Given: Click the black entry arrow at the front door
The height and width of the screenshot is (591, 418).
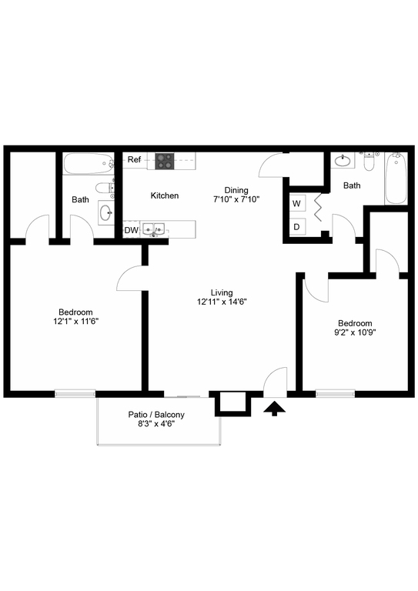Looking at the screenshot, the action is coord(274,408).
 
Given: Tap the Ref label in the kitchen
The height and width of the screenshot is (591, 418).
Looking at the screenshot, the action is coord(134,159).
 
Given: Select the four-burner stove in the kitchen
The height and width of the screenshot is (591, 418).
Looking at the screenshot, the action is coord(165,161).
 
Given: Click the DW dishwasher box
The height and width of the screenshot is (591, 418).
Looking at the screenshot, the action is coord(131,230).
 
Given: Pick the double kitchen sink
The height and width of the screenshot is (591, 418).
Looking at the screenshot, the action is coord(153,229).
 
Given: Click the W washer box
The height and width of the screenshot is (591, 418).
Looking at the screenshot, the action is coord(296,203).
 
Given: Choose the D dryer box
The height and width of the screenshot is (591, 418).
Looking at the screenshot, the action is coord(296,227).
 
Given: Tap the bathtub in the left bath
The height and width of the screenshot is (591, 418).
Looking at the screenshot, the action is coord(89,164).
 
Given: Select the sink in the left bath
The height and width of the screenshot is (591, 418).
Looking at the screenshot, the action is coord(106,213).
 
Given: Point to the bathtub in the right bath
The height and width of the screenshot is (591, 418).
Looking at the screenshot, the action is coord(396,179).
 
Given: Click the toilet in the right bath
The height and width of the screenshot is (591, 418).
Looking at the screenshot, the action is coord(369,162).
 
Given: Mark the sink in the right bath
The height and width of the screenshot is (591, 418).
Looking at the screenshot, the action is coord(343,161).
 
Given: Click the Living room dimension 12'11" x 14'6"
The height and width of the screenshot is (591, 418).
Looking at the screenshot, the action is coord(222,302).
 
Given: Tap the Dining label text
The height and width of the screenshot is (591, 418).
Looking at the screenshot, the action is coord(236,190).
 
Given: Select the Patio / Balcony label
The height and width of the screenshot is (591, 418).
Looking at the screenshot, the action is coord(156,415).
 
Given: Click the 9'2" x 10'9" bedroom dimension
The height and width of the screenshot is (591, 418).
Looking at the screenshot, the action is coord(355,332).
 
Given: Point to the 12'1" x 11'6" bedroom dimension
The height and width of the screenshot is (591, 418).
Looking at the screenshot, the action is coord(75,321).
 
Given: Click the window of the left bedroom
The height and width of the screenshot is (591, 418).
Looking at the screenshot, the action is coord(75,393).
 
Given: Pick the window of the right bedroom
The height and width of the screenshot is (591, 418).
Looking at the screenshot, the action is coord(336,393).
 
